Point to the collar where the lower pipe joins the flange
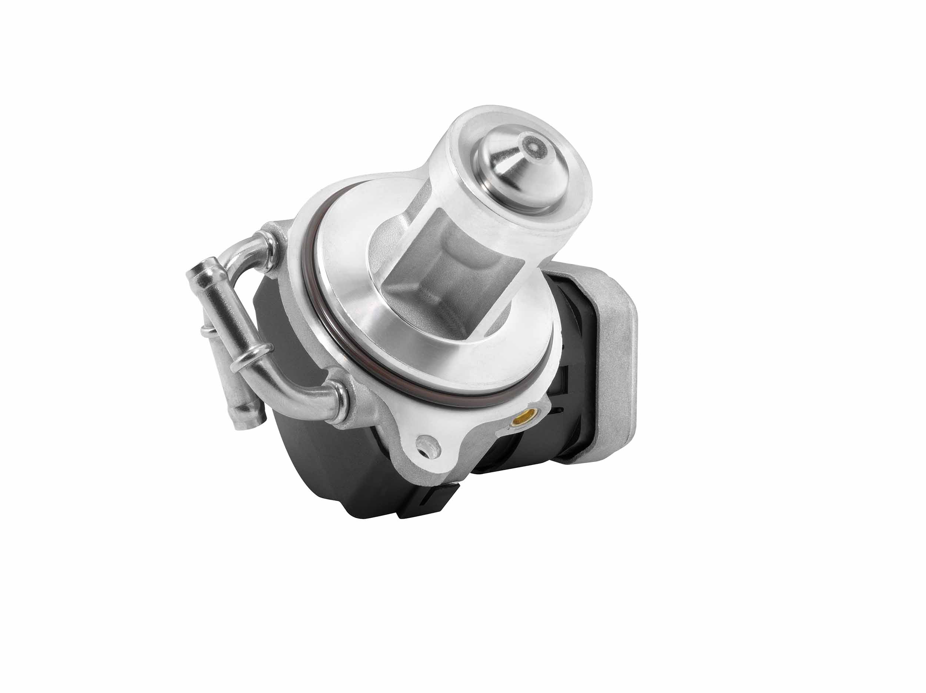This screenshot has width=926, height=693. pos(341,398)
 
